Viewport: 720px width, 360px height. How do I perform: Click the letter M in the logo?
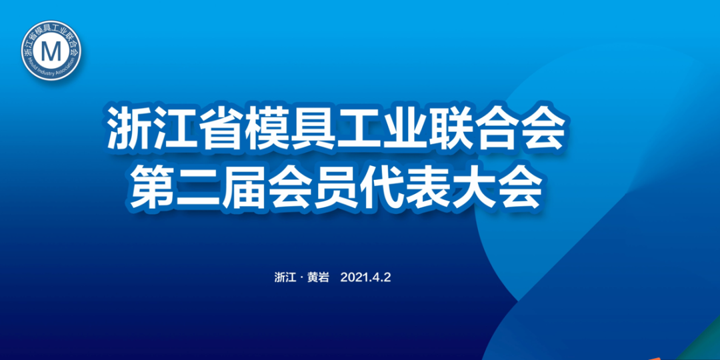coord(51,51)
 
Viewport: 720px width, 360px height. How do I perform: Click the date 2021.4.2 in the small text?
coord(366,278)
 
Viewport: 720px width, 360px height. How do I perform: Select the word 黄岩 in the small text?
coord(318,278)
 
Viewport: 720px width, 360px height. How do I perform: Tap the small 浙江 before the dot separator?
coord(285,278)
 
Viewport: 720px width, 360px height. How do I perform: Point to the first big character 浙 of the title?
coord(131,129)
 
